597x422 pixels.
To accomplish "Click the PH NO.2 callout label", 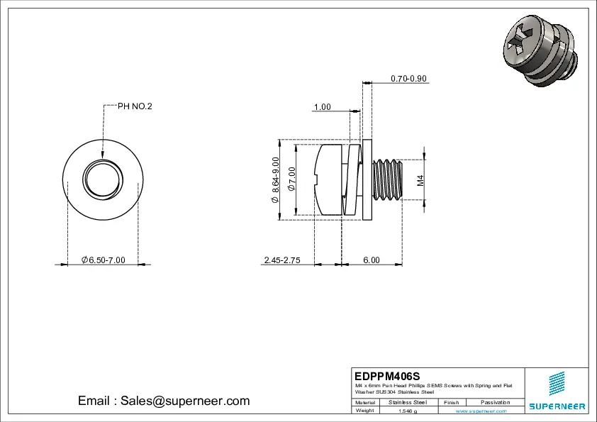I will [x=135, y=106].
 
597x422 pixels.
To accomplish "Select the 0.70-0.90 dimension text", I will [x=408, y=79].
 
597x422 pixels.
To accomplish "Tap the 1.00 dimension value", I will [x=322, y=107].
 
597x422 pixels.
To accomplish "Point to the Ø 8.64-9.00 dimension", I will [x=275, y=180].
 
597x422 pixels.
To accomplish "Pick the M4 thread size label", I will [x=420, y=180].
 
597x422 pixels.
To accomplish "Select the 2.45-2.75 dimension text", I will [x=282, y=260].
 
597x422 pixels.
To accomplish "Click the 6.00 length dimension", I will [x=372, y=260].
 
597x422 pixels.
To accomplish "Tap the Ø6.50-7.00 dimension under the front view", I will [x=103, y=260].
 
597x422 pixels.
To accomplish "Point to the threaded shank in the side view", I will [x=387, y=180].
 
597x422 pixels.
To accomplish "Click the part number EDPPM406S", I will [x=388, y=375].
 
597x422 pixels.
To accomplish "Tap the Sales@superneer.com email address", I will [x=164, y=401].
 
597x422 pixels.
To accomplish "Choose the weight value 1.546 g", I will [x=408, y=411].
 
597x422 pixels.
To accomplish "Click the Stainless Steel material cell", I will [x=408, y=402].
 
